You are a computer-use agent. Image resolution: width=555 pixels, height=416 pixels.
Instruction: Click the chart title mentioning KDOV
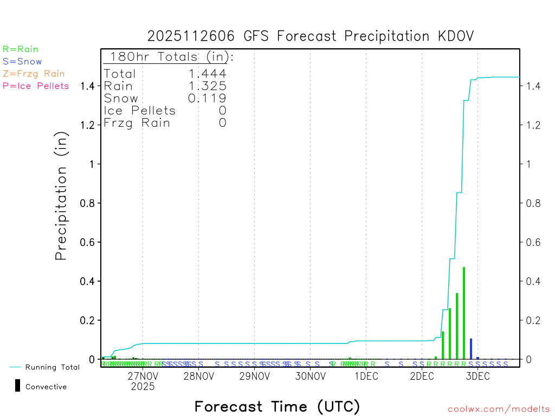(311, 36)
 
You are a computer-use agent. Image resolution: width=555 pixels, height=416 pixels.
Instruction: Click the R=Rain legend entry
(21, 49)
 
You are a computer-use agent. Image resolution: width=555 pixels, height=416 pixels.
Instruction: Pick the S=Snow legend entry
(22, 62)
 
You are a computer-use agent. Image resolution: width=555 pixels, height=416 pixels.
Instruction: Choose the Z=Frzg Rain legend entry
(34, 74)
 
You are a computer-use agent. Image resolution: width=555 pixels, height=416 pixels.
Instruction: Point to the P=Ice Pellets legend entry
(36, 86)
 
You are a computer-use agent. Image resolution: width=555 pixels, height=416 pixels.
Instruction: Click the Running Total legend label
(52, 367)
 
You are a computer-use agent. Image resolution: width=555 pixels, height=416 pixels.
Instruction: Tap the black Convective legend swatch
(17, 386)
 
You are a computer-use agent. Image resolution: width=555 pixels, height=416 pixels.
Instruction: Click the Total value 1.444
(208, 74)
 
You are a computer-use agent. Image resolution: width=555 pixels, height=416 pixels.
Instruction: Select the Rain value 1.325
(208, 86)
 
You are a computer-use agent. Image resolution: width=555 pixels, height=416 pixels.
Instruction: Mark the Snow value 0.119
(208, 98)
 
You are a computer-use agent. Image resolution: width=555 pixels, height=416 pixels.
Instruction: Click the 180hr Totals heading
(170, 57)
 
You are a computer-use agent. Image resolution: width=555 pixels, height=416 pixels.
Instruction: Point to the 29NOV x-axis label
(254, 376)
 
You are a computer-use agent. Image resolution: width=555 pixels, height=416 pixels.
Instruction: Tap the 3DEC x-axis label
(477, 376)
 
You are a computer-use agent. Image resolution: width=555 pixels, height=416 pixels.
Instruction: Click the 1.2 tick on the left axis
(88, 125)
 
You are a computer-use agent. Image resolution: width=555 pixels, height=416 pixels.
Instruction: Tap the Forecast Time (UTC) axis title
(277, 406)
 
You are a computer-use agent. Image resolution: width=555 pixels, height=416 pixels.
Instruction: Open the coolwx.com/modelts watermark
(499, 409)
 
